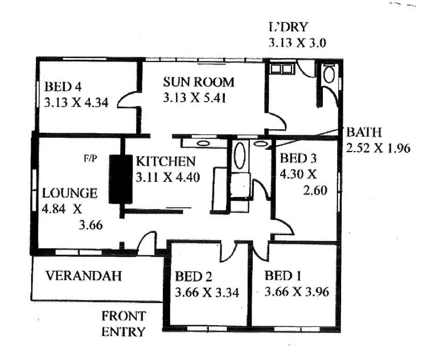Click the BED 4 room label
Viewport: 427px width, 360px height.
point(63,87)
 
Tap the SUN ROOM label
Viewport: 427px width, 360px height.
point(198,82)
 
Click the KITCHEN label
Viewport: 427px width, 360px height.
point(166,162)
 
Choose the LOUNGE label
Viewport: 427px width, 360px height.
point(70,193)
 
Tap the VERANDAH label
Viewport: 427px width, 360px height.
point(84,276)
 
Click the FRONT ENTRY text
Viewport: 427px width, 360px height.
point(124,324)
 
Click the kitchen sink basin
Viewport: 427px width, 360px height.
point(202,143)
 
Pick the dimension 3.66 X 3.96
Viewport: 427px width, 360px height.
point(297,293)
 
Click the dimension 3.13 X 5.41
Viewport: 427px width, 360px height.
point(195,97)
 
